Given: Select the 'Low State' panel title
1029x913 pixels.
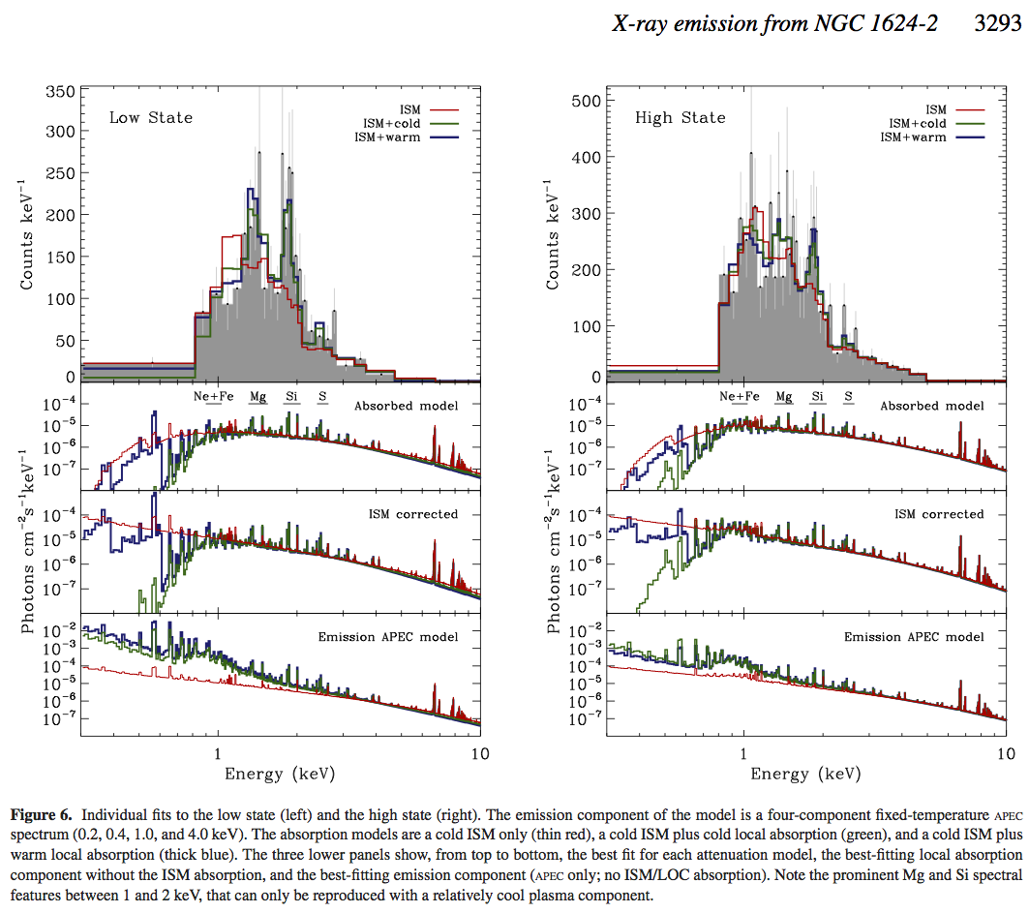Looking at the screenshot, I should pos(150,118).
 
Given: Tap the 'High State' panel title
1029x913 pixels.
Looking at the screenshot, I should pos(680,118).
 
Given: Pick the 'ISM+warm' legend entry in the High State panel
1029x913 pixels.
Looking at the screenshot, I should pos(913,137).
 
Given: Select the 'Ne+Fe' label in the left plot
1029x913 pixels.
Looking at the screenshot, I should pos(215,396).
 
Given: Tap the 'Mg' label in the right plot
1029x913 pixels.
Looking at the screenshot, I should pos(784,396).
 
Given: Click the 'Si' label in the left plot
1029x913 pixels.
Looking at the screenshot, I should pos(291,396).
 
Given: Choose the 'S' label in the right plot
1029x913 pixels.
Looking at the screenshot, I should pos(848,396).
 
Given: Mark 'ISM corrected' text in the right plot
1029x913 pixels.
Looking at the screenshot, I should pos(939,514).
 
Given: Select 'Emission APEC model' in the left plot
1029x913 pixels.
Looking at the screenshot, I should pos(387,636).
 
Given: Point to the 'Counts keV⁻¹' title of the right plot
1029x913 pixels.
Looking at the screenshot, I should pos(554,232).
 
